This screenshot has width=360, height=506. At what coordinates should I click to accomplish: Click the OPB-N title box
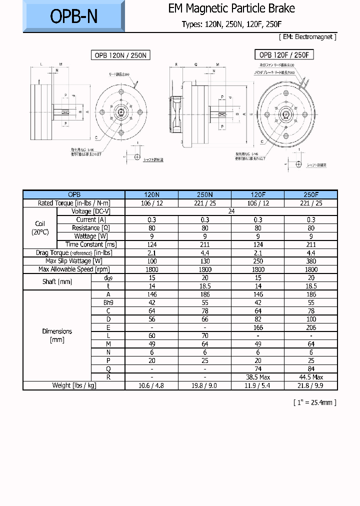(x=73, y=16)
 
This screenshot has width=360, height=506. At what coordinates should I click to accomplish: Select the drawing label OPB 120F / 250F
(x=285, y=54)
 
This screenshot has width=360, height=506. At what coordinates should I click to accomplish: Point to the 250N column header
(x=205, y=194)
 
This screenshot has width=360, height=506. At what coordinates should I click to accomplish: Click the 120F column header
(x=258, y=194)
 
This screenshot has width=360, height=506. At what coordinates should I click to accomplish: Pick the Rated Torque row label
(x=74, y=203)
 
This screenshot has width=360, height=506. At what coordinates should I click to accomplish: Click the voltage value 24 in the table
(x=231, y=211)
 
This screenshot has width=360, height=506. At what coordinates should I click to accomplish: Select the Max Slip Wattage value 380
(x=311, y=261)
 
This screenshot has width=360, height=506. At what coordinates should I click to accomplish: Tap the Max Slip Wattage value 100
(x=152, y=261)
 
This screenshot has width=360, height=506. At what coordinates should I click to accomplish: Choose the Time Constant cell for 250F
(x=311, y=244)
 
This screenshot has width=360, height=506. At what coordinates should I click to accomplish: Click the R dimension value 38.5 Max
(x=258, y=377)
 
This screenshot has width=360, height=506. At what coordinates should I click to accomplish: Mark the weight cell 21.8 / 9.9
(x=311, y=385)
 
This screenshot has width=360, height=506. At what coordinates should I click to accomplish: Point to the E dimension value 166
(x=258, y=327)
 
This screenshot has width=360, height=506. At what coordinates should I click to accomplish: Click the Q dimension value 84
(x=311, y=369)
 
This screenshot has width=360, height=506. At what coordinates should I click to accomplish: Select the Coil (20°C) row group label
(x=40, y=228)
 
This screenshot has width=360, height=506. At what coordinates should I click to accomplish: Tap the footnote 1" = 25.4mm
(x=314, y=402)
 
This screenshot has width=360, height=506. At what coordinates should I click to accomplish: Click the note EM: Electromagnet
(x=307, y=37)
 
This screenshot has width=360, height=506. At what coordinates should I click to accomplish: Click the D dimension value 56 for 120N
(x=152, y=319)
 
